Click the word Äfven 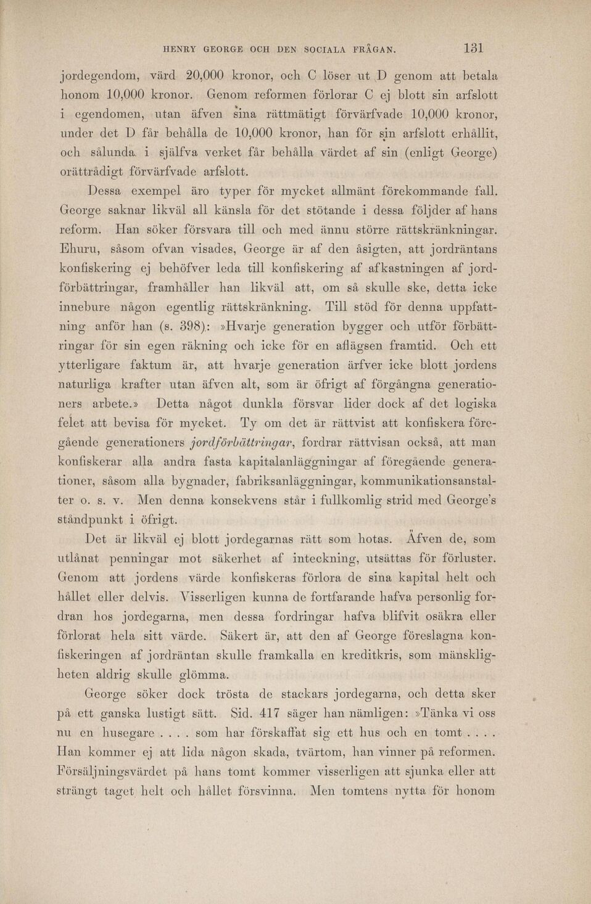[427, 538]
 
